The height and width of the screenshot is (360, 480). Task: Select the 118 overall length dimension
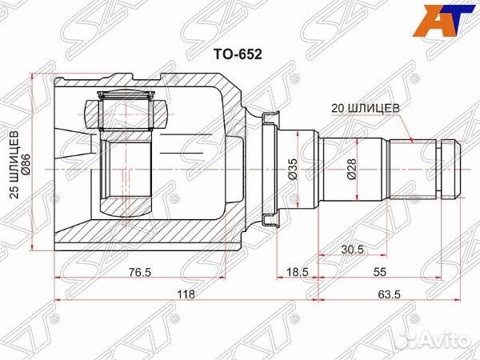(186, 294)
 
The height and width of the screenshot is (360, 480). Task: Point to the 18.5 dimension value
(298, 273)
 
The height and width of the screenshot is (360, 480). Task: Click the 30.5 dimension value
(353, 250)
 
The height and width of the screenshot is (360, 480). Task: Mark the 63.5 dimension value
(390, 294)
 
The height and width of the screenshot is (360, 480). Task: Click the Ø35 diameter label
(293, 170)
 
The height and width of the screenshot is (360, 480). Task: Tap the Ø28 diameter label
(353, 170)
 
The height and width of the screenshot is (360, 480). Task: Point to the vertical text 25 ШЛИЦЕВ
(14, 166)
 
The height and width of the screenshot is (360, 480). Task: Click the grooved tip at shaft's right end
(450, 170)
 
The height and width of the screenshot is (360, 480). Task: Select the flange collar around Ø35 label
(270, 170)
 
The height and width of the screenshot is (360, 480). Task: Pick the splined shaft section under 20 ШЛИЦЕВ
(412, 168)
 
